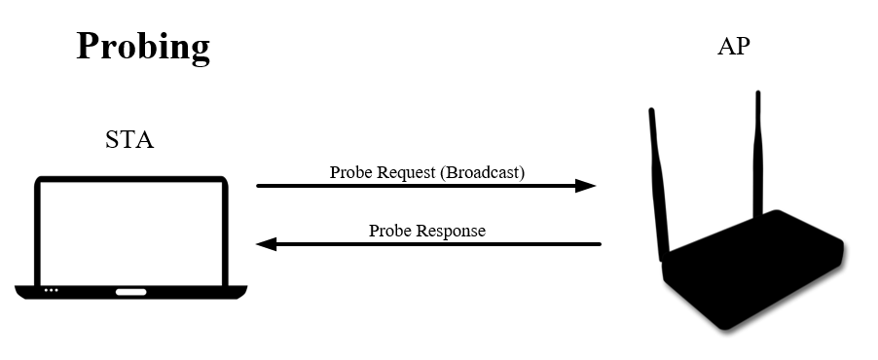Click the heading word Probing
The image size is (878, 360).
[143, 47]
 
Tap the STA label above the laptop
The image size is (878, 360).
[129, 140]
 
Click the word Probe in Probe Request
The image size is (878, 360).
[349, 173]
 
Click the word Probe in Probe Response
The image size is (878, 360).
[389, 231]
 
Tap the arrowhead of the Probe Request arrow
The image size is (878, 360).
[586, 185]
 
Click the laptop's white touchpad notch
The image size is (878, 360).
[130, 291]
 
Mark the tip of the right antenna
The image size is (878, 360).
[757, 94]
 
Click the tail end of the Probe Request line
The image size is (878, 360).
[259, 185]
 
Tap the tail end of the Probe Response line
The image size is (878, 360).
[599, 244]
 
